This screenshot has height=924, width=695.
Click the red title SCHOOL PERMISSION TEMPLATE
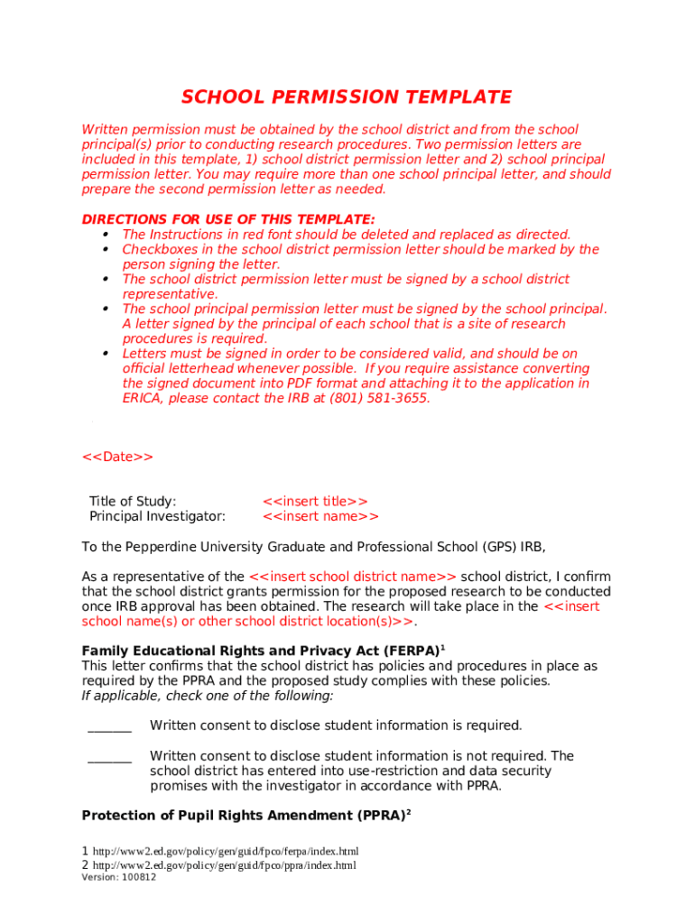point(347,97)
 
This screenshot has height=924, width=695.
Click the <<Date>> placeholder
point(117,457)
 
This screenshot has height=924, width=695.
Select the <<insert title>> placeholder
point(315,502)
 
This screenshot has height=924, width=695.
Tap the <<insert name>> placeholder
point(320,517)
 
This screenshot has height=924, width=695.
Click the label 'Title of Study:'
point(133,502)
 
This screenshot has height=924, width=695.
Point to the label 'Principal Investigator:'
point(157,517)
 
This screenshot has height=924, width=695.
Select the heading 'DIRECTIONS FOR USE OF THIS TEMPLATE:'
point(228,219)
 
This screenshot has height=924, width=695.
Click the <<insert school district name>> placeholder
point(353,577)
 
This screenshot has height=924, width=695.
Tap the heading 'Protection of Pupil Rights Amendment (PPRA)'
point(243,816)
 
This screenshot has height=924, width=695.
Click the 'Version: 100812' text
point(118,878)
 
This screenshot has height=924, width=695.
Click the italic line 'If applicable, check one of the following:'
point(208,696)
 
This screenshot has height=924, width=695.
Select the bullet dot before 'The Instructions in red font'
point(107,235)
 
